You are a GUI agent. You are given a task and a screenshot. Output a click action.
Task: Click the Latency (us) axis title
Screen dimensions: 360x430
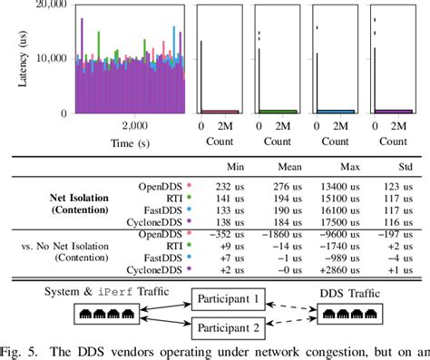click(x=22, y=57)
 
